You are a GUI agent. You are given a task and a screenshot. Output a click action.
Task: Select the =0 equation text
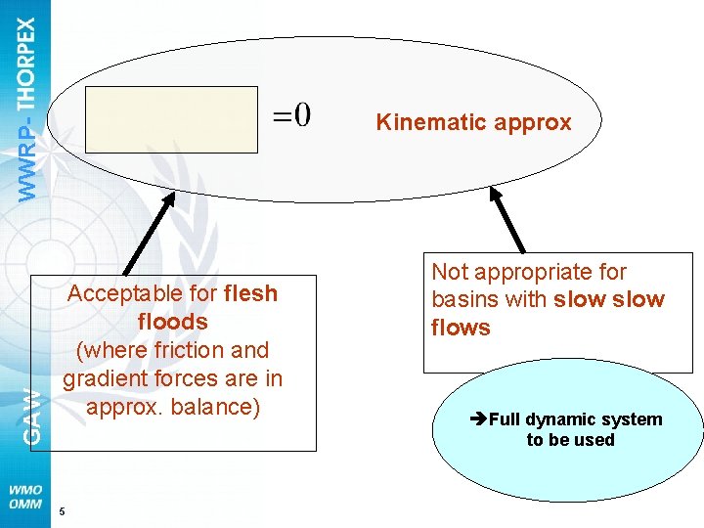coord(291,116)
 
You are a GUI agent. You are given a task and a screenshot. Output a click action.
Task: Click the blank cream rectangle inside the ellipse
coord(171,119)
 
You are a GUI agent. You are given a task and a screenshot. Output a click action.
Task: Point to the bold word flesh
coord(250,293)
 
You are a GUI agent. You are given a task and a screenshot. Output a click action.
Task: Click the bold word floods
coord(173,322)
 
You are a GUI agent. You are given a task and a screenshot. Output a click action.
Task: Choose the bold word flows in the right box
coord(461,328)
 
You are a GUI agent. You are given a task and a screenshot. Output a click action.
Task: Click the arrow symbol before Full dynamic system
coord(478,420)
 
